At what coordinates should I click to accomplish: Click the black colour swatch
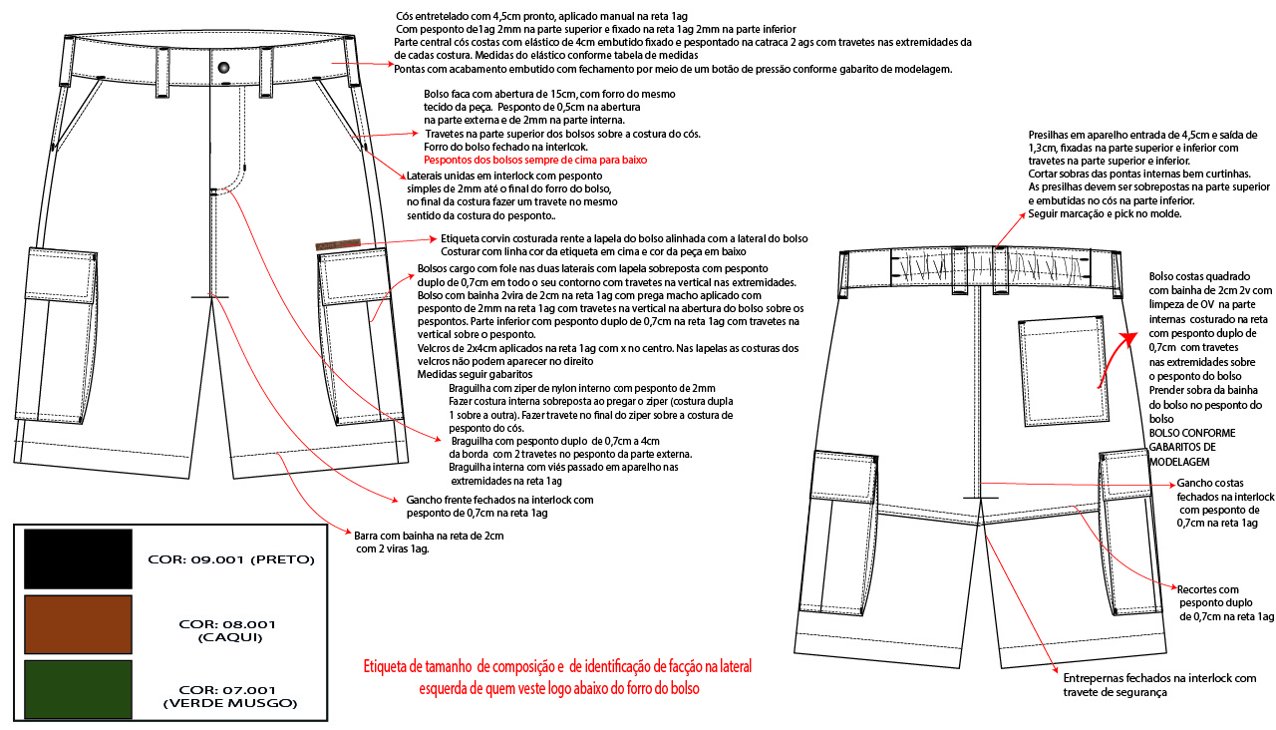click(78, 558)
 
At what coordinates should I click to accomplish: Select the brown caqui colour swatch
click(78, 624)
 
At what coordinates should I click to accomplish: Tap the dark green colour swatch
click(78, 689)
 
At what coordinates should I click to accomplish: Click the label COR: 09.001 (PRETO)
click(231, 559)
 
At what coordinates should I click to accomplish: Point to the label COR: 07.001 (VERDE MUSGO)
click(230, 696)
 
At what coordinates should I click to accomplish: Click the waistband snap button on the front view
click(224, 66)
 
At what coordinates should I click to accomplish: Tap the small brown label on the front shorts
click(336, 244)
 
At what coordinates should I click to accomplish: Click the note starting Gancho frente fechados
click(498, 506)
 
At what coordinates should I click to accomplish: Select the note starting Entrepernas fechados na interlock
click(1159, 685)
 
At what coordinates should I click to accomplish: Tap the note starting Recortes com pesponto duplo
click(1225, 602)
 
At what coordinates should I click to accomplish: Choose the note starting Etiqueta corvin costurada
click(623, 239)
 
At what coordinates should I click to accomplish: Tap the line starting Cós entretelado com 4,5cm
click(542, 17)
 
